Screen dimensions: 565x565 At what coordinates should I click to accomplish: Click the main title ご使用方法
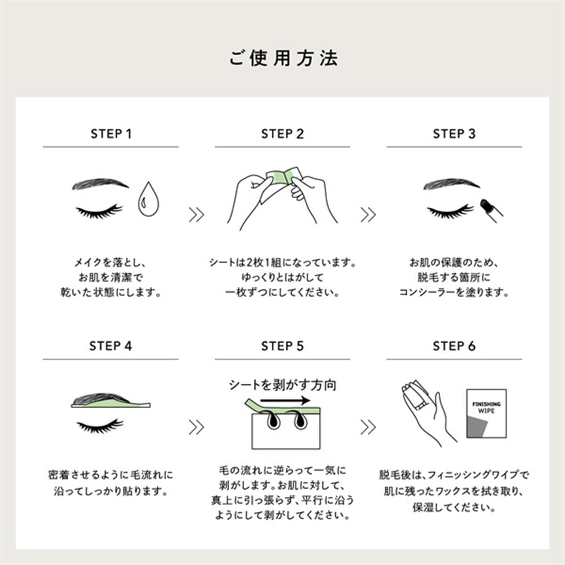coord(283,58)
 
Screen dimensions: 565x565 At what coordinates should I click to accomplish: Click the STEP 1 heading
coord(111,134)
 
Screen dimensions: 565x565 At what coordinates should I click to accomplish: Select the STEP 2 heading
coord(282,134)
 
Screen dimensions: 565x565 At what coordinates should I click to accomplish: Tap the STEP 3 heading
coord(454,134)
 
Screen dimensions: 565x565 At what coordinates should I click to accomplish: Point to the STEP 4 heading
coord(111,346)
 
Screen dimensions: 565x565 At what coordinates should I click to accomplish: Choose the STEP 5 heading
coord(282,346)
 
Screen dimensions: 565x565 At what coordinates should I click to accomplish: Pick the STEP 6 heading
coord(454,346)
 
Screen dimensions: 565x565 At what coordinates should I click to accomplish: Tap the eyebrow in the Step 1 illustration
coord(100,184)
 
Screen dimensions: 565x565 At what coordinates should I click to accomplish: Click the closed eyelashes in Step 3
coord(450,211)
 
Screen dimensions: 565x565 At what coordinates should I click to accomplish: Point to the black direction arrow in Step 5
coord(285,400)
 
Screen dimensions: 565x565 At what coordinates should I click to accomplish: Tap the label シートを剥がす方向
coord(282,385)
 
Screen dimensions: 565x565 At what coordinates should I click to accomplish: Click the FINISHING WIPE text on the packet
coord(486,408)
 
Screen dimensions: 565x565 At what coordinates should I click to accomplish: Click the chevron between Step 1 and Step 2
coord(196,215)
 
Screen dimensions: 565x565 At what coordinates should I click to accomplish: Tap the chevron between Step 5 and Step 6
coord(368,427)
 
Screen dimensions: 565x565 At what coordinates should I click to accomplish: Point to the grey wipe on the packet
coord(477,426)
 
